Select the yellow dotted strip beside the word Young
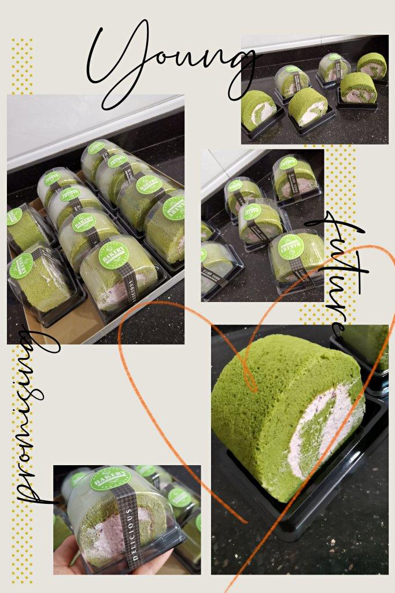coord(22,67)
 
